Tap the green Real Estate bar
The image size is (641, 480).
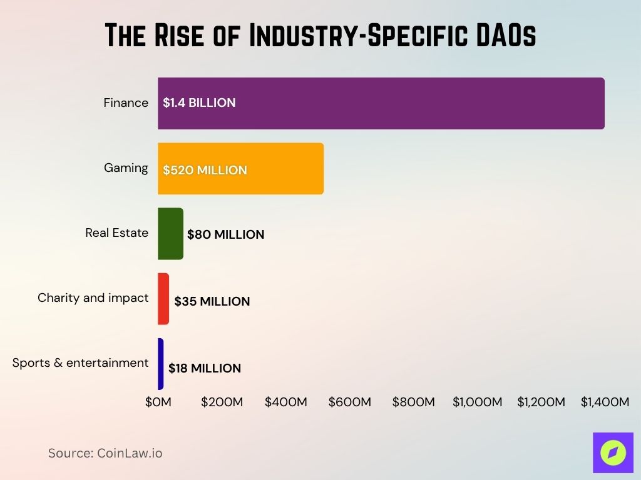[x=170, y=234]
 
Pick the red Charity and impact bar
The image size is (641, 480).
[x=163, y=299]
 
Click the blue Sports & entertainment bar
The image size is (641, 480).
[x=161, y=364]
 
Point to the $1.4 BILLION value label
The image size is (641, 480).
[x=199, y=103]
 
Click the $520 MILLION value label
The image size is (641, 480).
[x=205, y=170]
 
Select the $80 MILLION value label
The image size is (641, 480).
[x=225, y=235]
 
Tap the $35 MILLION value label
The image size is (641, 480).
[x=212, y=301]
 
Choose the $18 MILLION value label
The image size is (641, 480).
[x=204, y=368]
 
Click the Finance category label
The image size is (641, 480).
[x=126, y=103]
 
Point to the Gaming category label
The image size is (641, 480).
[x=126, y=168]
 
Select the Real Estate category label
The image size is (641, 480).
[x=116, y=233]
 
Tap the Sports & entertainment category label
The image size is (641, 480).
[x=80, y=363]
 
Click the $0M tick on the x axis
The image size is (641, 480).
[x=158, y=402]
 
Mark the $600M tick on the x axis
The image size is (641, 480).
[x=349, y=402]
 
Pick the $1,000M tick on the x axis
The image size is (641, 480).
[x=477, y=402]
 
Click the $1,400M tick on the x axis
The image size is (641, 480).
[x=605, y=402]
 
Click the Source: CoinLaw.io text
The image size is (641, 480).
[x=105, y=453]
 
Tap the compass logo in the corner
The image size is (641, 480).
[x=613, y=452]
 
